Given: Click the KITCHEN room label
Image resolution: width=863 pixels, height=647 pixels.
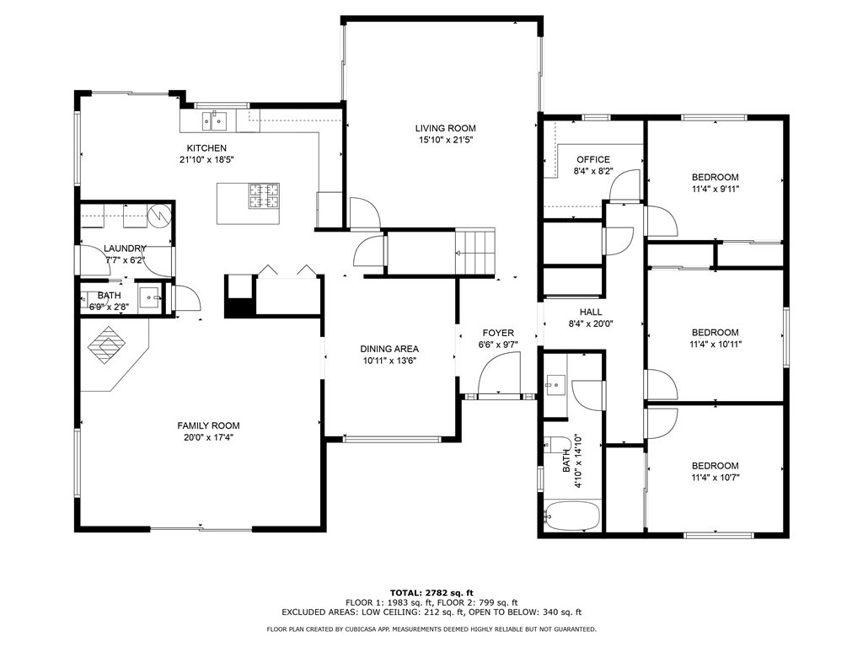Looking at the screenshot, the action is [x=206, y=148].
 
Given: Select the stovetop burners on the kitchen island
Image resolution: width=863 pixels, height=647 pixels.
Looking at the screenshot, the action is [x=264, y=195].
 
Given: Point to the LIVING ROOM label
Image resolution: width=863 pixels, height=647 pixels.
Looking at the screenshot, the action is [x=445, y=128].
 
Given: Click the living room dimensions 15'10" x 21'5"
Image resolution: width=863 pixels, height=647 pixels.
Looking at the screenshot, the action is [x=446, y=141].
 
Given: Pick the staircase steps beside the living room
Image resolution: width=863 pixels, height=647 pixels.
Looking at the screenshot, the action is [x=475, y=253].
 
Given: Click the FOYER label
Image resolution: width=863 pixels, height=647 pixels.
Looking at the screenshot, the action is [x=498, y=333].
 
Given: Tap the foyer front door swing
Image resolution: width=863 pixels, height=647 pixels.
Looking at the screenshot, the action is [x=499, y=373].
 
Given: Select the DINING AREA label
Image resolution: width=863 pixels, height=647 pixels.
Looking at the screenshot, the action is [x=389, y=349].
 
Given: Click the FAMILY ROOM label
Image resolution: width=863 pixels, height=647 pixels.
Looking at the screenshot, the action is [x=208, y=425].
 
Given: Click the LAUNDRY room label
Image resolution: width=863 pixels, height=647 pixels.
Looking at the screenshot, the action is [x=125, y=249].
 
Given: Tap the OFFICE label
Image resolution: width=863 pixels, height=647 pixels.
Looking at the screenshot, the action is [x=593, y=159].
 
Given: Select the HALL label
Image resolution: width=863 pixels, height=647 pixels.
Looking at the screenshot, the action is [x=591, y=312].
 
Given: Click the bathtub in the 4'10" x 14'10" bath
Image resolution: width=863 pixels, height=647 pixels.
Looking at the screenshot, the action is [x=571, y=516].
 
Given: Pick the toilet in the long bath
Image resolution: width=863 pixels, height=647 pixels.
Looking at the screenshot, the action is [x=558, y=444].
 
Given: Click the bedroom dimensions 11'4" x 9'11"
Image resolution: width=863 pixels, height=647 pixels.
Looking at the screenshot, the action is [x=715, y=190].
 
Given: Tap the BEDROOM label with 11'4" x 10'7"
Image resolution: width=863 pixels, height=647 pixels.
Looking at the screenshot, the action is [x=715, y=465].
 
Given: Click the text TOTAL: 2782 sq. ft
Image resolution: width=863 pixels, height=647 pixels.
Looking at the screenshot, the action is [x=431, y=592].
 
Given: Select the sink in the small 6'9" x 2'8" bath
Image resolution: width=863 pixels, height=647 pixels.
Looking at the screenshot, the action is [x=149, y=297].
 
